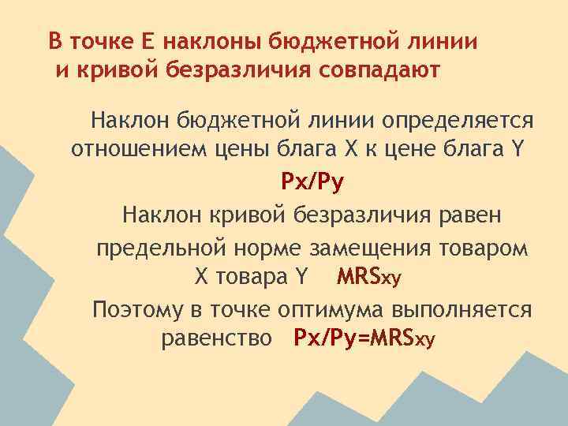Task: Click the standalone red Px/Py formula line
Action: [x=313, y=183]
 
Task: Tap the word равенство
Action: [x=218, y=339]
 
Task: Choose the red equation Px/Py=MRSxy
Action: [x=364, y=339]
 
